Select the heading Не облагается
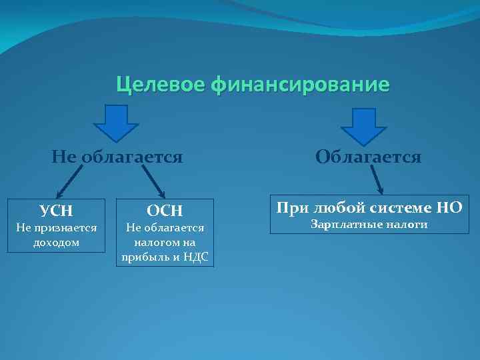coord(117,157)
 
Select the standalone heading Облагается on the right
coord(368,157)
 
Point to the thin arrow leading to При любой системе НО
coord(375,180)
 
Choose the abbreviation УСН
coord(56,212)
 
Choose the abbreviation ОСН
coord(165,212)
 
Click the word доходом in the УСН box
coord(56,243)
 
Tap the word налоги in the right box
coord(405,225)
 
